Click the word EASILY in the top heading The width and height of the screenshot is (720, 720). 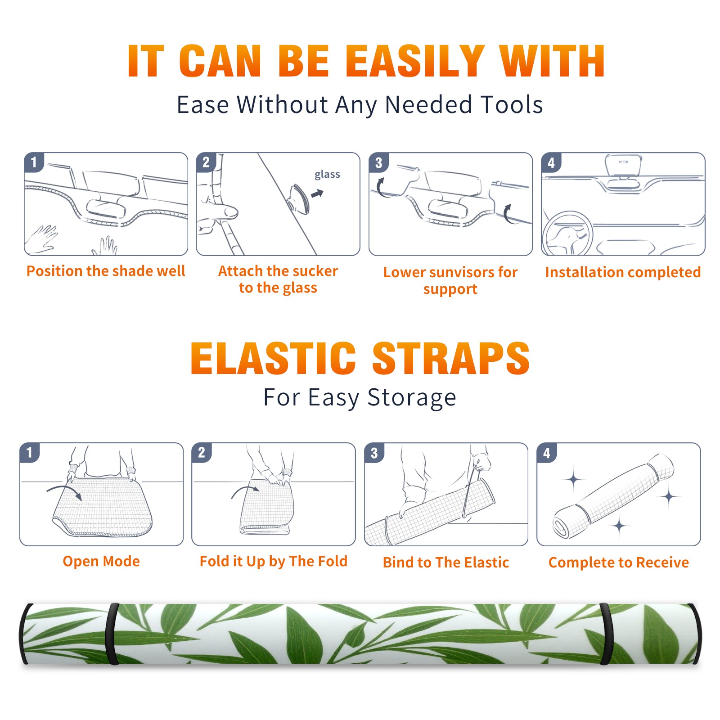click(x=415, y=61)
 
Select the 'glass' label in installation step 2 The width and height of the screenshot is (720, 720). click(x=327, y=175)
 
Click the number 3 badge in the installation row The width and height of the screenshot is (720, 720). click(x=378, y=162)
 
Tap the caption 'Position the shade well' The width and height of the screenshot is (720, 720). click(x=106, y=271)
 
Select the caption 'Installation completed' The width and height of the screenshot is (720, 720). click(x=623, y=272)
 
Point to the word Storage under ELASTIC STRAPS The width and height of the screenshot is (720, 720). click(x=412, y=398)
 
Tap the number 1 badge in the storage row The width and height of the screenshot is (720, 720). click(x=30, y=452)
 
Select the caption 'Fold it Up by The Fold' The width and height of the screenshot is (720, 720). click(x=274, y=562)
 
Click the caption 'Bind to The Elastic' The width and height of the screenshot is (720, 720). click(x=446, y=562)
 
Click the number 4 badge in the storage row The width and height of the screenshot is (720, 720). click(x=547, y=453)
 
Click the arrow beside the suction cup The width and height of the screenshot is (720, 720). click(x=318, y=193)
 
